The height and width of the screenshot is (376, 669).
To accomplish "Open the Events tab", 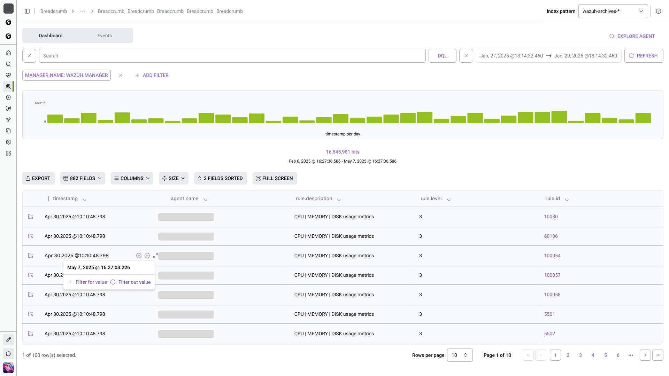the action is (x=105, y=36).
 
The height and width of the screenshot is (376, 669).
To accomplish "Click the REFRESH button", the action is (x=644, y=56).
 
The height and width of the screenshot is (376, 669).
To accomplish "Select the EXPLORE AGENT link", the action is (x=632, y=36).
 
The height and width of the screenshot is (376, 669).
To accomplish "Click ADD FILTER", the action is (x=152, y=75).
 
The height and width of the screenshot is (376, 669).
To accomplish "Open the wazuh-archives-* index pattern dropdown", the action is (x=613, y=11).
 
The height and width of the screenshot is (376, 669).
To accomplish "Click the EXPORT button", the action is (x=38, y=178).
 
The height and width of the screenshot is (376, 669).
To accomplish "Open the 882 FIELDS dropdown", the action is (x=83, y=178).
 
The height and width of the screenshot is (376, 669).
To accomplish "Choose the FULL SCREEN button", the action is (x=275, y=178).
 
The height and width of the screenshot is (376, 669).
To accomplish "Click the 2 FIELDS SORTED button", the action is (x=220, y=178).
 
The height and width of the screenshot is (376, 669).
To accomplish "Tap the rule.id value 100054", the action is (x=552, y=256).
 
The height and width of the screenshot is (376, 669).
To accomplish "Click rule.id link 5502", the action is (x=549, y=334).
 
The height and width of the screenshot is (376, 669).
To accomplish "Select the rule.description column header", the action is (x=314, y=198).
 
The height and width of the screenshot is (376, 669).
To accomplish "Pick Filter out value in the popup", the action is (x=131, y=282).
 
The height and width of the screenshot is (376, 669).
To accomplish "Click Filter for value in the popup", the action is (x=87, y=282).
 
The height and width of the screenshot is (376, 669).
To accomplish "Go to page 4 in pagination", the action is (x=593, y=355).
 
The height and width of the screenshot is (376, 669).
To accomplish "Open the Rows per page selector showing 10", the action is (x=460, y=355).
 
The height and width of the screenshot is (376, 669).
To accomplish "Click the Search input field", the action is (x=232, y=56).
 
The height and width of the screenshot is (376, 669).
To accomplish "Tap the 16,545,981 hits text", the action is (x=343, y=152).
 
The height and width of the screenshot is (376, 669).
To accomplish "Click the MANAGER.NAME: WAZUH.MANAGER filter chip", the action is (x=67, y=75).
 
